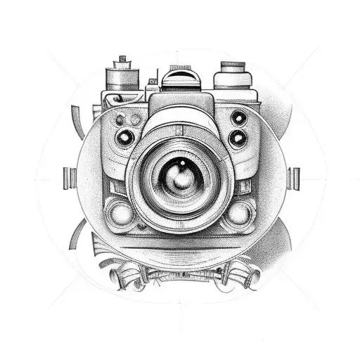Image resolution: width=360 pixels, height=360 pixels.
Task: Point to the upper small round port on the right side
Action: pos(239,117)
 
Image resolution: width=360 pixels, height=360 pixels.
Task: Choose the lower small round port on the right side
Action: pos(238,139)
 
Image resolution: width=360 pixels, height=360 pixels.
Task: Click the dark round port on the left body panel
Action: pos(127,138)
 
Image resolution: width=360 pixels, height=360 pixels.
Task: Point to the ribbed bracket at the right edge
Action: pos(294,178)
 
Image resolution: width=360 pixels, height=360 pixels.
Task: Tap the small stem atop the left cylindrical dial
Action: pos(122,60)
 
